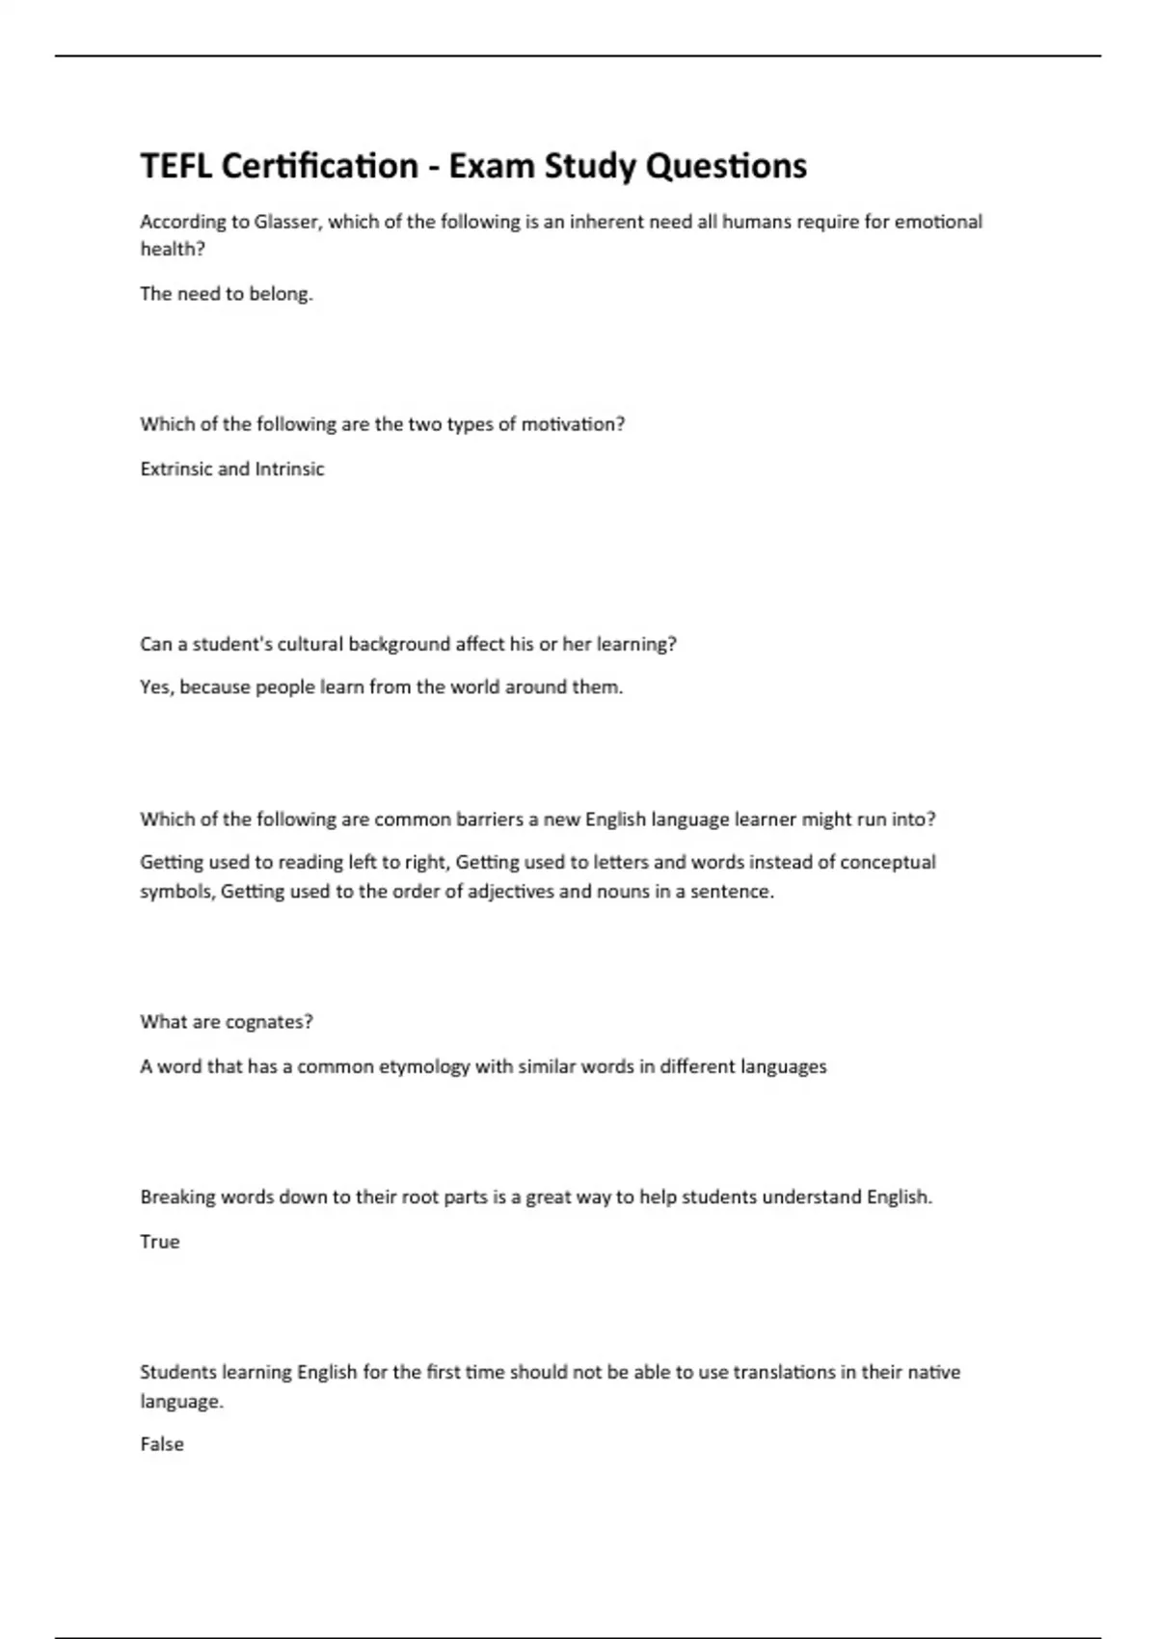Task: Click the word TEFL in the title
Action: pyautogui.click(x=175, y=166)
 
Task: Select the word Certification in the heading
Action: pyautogui.click(x=319, y=166)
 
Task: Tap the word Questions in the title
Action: pyautogui.click(x=726, y=166)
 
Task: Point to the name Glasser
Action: pyautogui.click(x=286, y=222)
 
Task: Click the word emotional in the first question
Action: pyautogui.click(x=938, y=222)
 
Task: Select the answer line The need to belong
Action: pyautogui.click(x=227, y=294)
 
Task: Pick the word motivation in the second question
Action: pyautogui.click(x=573, y=424)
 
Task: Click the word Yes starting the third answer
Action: pyautogui.click(x=155, y=687)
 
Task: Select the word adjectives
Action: pyautogui.click(x=510, y=892)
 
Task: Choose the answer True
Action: pyautogui.click(x=160, y=1242)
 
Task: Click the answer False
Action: pyautogui.click(x=162, y=1444)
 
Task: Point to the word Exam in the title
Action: pyautogui.click(x=491, y=166)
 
